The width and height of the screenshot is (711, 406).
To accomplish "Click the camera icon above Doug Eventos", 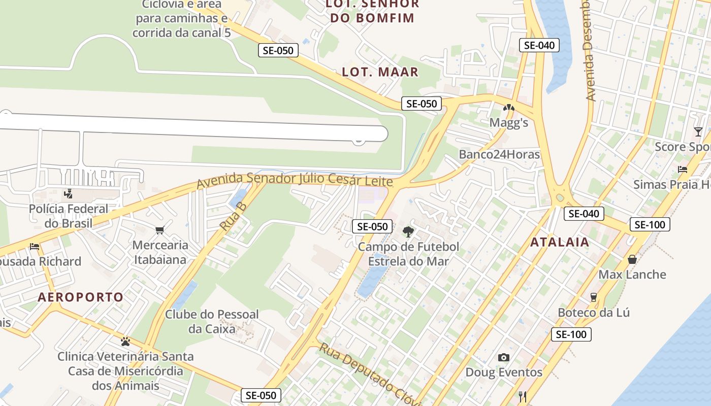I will [x=503, y=357].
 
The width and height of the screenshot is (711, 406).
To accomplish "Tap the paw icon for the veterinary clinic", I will [x=125, y=341].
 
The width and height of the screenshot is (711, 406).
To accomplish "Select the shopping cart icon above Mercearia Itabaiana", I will [x=160, y=230].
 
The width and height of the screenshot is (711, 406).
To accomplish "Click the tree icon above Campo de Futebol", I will [x=408, y=232].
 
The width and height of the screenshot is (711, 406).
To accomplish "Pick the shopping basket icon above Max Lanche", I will [x=632, y=260].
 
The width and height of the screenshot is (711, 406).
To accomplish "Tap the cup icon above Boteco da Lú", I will [x=593, y=297].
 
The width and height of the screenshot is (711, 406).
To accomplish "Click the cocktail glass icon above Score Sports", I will [x=698, y=132].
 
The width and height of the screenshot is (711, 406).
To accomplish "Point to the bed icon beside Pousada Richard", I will [x=35, y=247].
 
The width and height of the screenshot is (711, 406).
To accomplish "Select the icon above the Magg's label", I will [x=508, y=108].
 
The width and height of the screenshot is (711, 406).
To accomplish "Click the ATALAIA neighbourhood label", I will [x=560, y=242].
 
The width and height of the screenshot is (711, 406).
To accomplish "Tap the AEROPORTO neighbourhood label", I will [x=81, y=297].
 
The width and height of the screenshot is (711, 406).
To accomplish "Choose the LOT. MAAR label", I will [x=380, y=72].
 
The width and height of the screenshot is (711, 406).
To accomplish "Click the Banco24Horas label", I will [x=499, y=154].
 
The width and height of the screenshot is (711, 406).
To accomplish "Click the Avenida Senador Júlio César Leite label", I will [x=295, y=180].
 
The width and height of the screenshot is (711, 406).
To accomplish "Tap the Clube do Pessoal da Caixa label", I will [x=212, y=321].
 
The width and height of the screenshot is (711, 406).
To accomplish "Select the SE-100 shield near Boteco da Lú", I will [x=571, y=334].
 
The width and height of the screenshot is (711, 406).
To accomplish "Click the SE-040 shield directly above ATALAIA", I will [x=584, y=214].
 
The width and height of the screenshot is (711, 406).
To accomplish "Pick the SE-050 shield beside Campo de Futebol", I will [x=372, y=227].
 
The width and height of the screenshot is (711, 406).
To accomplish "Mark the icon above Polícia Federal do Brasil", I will [x=68, y=193].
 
